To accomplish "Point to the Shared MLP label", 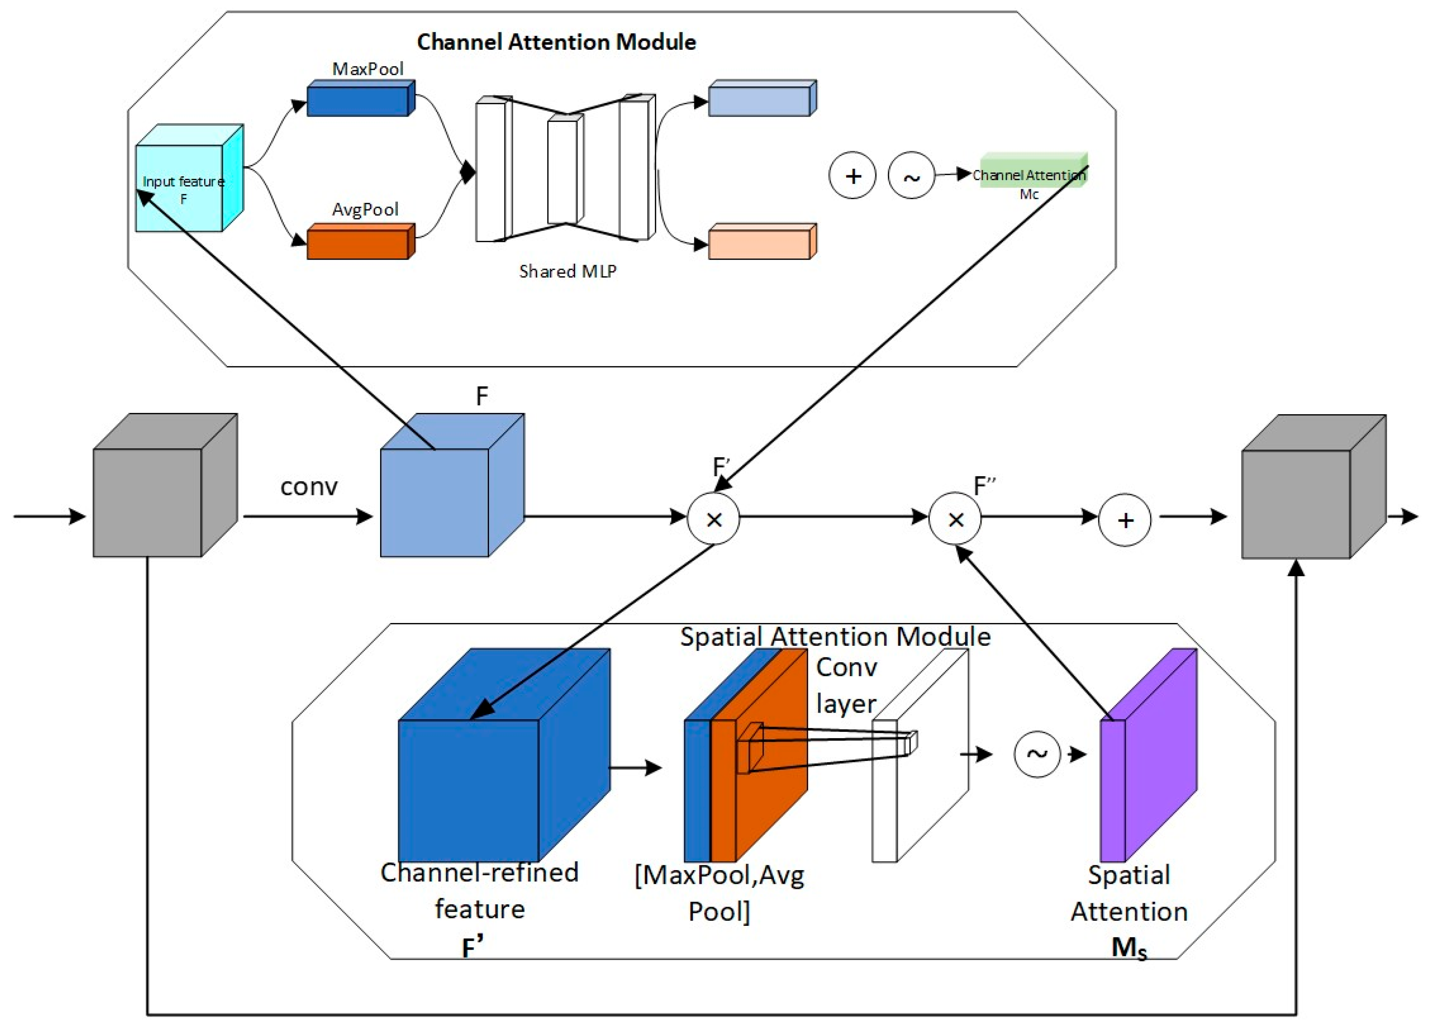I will [x=567, y=271].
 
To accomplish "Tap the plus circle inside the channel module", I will [x=853, y=176].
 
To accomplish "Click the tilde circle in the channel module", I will [x=911, y=176].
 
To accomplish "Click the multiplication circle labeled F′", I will [x=713, y=519].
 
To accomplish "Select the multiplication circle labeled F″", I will [x=955, y=519].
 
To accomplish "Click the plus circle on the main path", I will [x=1125, y=519].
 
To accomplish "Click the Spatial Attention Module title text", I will [x=835, y=636].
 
